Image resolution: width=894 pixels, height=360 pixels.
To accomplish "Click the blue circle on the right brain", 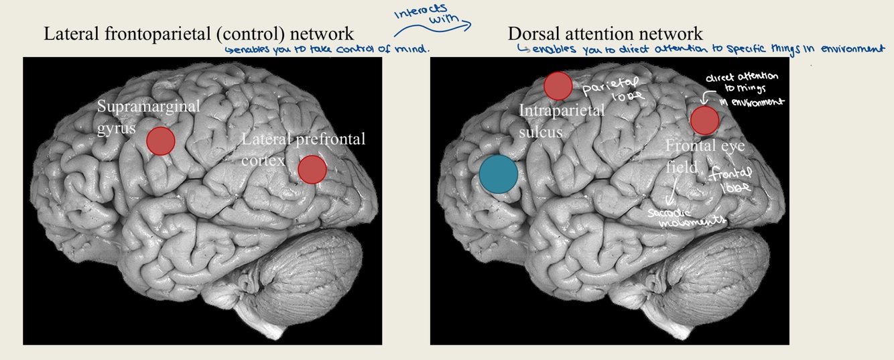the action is tap(498, 174).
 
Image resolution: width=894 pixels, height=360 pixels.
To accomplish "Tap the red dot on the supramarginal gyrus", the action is tap(161, 140).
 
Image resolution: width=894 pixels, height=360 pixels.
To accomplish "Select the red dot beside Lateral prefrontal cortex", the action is tap(312, 169).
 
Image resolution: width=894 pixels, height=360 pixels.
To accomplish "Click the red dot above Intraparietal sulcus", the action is tap(558, 86).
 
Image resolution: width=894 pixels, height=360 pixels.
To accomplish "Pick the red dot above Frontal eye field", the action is tap(704, 120).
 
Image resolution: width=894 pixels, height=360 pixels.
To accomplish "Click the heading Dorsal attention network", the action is tap(605, 34).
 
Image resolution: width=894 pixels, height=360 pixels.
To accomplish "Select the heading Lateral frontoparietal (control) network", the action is tap(198, 34).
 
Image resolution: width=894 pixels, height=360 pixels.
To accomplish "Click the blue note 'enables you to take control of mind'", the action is tap(327, 50).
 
